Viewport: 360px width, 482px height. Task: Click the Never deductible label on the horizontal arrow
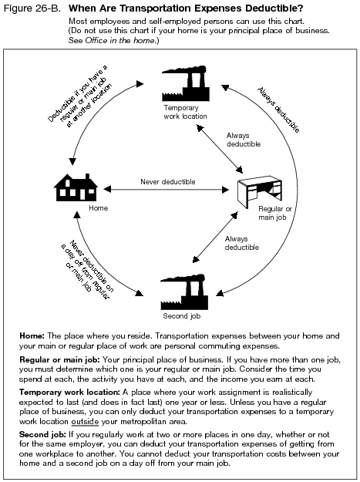pyautogui.click(x=167, y=182)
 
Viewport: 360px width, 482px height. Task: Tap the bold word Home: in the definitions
pyautogui.click(x=32, y=336)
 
